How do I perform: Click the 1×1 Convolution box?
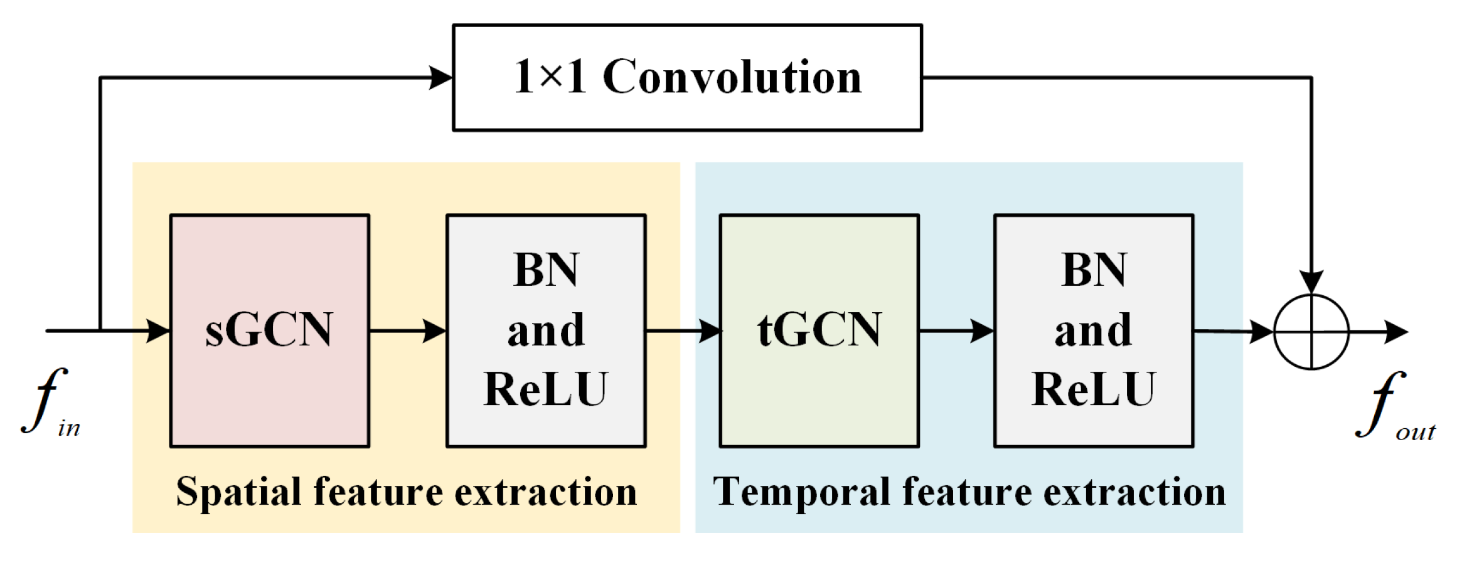(687, 78)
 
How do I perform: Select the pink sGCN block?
(269, 330)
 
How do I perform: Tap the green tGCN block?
(819, 330)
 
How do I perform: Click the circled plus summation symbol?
(1311, 332)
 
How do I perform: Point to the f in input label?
(50, 401)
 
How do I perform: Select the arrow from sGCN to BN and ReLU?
(408, 330)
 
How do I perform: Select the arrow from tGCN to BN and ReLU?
(956, 330)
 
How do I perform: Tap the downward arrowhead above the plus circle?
(1311, 281)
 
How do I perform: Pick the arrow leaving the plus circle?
(1380, 332)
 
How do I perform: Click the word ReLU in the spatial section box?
(545, 389)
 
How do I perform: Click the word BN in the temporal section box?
(1094, 270)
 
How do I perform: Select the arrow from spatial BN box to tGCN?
(684, 330)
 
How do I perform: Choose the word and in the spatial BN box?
(545, 330)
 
